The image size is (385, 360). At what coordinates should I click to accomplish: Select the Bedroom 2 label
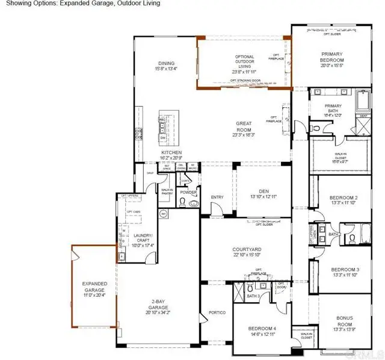pos(343,197)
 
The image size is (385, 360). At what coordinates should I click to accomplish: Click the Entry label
pos(217,197)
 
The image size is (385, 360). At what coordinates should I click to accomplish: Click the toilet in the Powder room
pos(193,204)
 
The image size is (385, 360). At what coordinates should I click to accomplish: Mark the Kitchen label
pos(171,153)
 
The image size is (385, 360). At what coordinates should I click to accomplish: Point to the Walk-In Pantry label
pos(167,191)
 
